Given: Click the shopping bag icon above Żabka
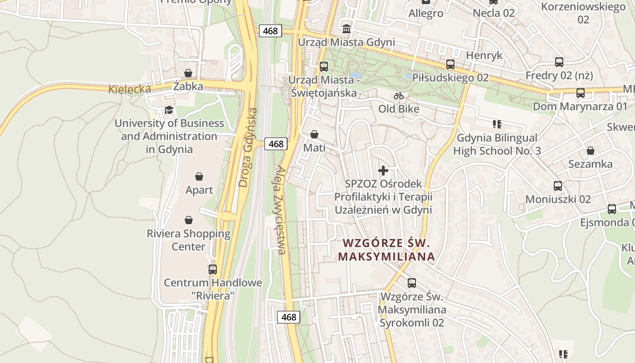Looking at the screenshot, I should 188,73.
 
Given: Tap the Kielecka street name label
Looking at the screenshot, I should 129,88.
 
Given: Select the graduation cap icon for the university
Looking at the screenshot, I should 169,110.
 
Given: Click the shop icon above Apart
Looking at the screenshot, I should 199,176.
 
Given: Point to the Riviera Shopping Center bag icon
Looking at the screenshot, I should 189,220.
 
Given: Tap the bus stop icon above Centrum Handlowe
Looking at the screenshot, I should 213,269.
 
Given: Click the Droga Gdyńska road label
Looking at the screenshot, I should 248,147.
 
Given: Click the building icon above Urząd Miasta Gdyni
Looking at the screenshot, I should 347,29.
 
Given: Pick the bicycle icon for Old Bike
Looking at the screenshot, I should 399,96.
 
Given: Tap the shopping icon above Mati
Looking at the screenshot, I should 314,134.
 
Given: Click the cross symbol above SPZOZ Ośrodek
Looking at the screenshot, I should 383,171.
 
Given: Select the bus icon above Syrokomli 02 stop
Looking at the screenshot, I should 412,283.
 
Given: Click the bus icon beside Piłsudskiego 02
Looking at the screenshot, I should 450,64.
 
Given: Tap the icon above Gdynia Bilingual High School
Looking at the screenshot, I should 497,124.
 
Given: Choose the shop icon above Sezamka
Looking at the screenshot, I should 591,151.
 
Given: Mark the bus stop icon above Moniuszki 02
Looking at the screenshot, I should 558,186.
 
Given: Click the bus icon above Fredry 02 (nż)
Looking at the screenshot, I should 559,62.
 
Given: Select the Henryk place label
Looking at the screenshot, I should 484,55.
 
